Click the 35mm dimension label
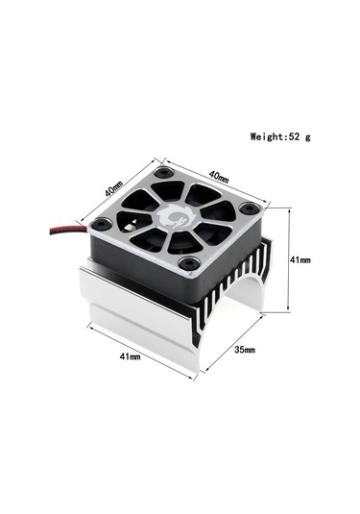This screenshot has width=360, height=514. click(x=245, y=349)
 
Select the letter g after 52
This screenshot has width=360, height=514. click(x=309, y=137)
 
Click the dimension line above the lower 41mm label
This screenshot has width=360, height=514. click(x=140, y=345)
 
